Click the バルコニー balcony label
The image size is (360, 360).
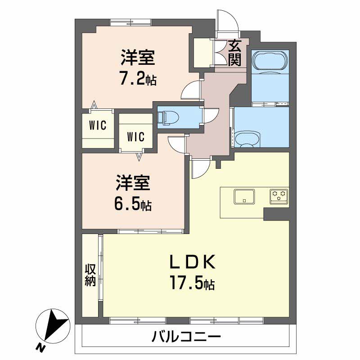coord(186,336)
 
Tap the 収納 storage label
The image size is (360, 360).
coord(90,275)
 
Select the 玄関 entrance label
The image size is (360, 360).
coord(234,53)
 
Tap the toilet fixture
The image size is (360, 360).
coord(169,117)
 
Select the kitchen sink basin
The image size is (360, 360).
coord(244,196)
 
